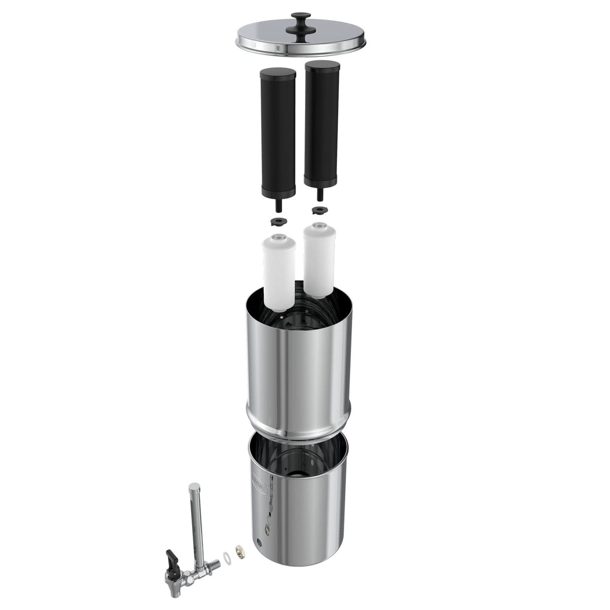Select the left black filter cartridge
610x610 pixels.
(x=277, y=132)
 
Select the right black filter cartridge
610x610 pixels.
(x=322, y=122)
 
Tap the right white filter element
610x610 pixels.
(x=319, y=259)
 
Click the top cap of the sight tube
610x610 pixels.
(x=193, y=486)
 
